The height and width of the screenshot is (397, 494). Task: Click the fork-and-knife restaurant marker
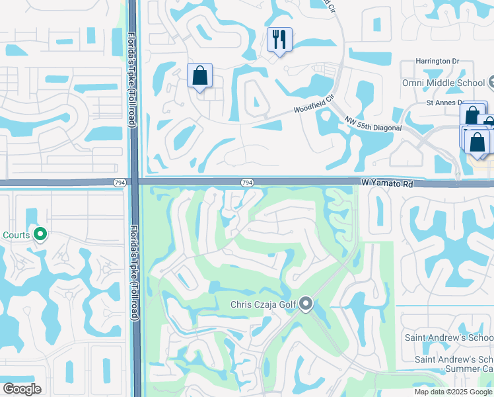pyautogui.click(x=279, y=40)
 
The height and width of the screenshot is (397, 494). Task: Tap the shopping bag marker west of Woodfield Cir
pyautogui.click(x=199, y=76)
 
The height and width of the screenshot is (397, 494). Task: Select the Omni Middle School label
pyautogui.click(x=443, y=83)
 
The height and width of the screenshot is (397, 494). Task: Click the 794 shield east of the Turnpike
pyautogui.click(x=246, y=183)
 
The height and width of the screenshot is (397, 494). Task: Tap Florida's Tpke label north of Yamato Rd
pyautogui.click(x=131, y=79)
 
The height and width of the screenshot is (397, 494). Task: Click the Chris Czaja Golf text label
pyautogui.click(x=262, y=304)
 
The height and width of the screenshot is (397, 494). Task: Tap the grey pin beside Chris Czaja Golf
pyautogui.click(x=305, y=304)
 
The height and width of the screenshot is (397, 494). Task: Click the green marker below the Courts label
pyautogui.click(x=40, y=234)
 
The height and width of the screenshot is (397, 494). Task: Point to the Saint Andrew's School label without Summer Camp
pyautogui.click(x=446, y=338)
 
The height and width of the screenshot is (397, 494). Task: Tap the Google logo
pyautogui.click(x=22, y=389)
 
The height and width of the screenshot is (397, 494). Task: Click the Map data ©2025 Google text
pyautogui.click(x=452, y=392)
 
